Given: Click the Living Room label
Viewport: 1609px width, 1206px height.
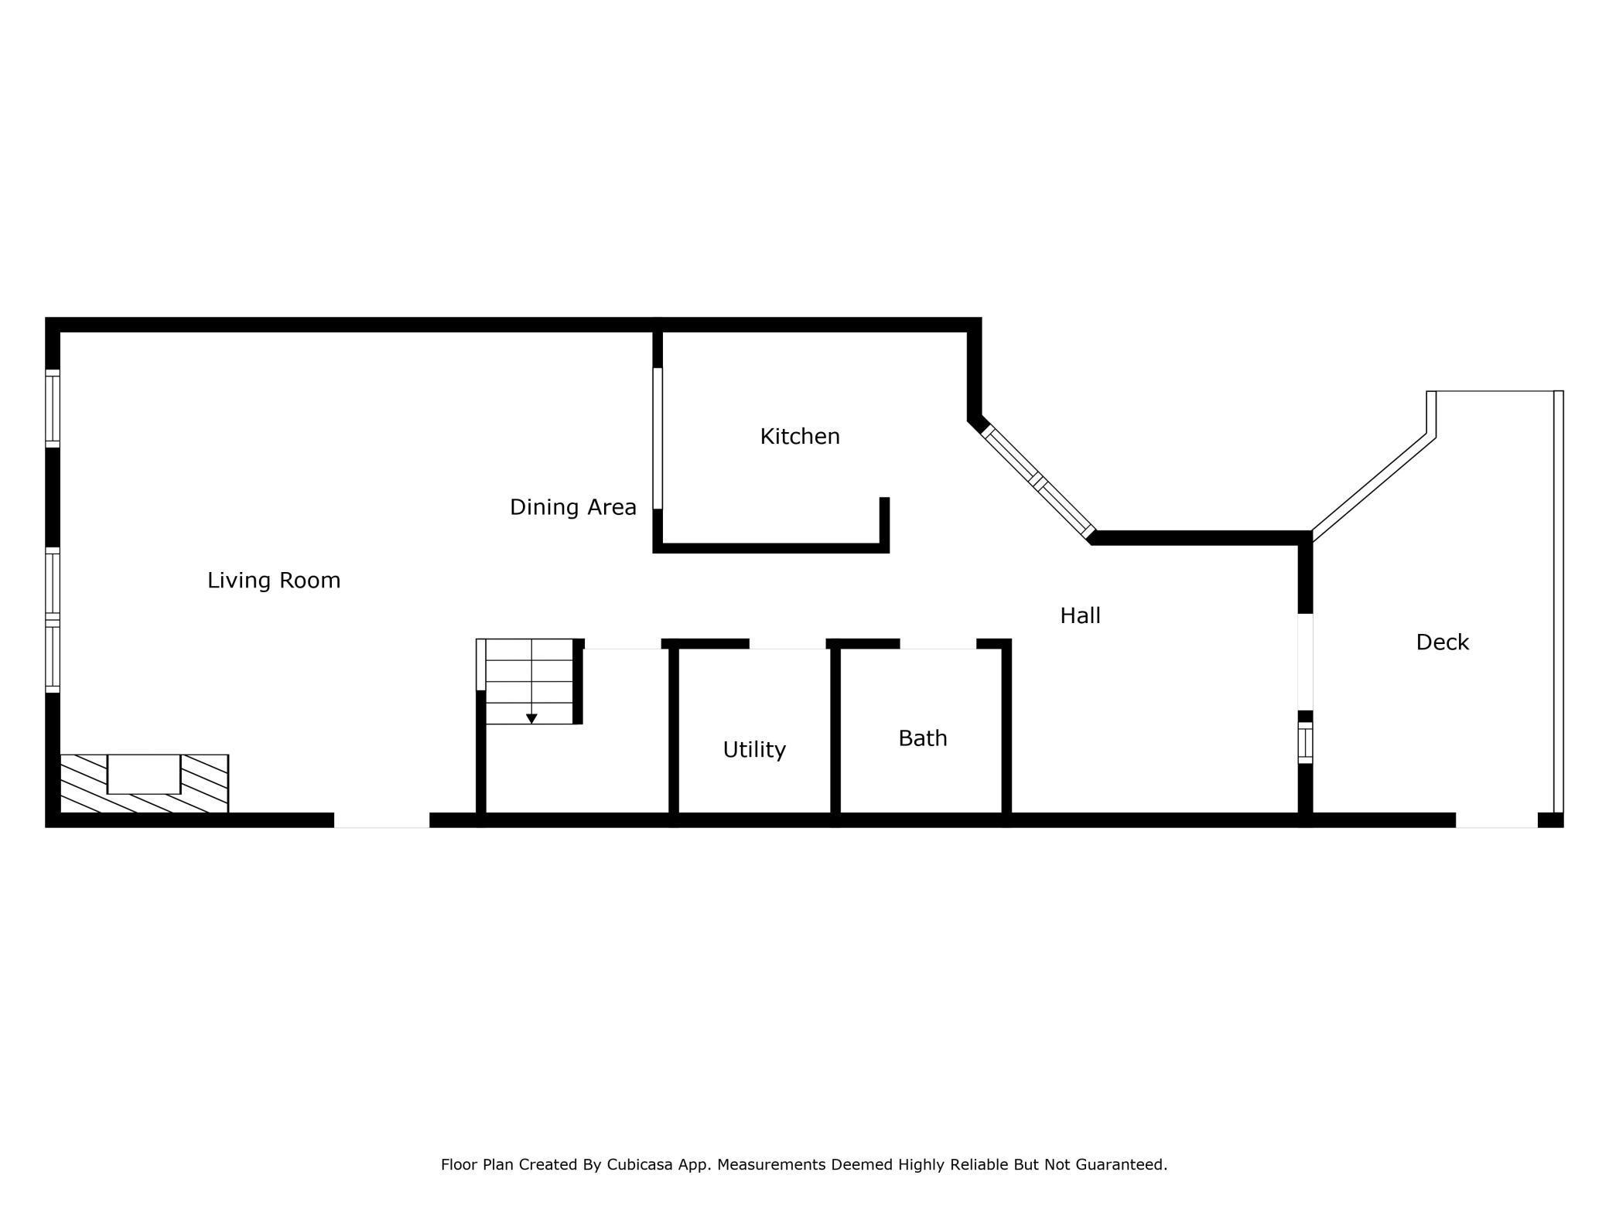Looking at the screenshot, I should (274, 580).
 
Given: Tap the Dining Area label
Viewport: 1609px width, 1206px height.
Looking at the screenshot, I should (572, 507).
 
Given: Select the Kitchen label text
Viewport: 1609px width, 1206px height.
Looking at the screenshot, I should (799, 436).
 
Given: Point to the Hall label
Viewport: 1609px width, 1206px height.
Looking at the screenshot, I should (1080, 615).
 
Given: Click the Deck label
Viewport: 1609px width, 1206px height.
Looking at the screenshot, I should (1442, 642).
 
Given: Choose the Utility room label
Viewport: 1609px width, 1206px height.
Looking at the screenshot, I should (754, 749).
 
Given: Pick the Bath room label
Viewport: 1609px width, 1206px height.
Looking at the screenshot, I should (922, 738).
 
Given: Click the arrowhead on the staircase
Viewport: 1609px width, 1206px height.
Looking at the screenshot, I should (531, 719).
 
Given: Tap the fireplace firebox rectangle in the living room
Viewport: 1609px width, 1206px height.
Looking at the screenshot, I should (144, 774).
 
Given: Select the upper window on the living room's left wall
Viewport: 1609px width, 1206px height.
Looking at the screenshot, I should (53, 408).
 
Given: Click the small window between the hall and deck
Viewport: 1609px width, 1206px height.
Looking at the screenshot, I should (1305, 743).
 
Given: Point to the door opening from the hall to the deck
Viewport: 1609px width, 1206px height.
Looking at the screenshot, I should (1305, 662).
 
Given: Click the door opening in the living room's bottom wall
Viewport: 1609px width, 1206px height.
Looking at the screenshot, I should (381, 820).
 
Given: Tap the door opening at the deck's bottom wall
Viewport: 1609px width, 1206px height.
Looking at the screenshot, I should (1496, 820).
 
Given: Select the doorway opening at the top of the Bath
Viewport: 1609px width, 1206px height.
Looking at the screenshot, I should (938, 644).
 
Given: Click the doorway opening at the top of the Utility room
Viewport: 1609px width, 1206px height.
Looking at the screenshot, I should (787, 644).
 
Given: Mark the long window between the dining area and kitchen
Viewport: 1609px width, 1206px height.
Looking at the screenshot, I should (658, 438).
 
